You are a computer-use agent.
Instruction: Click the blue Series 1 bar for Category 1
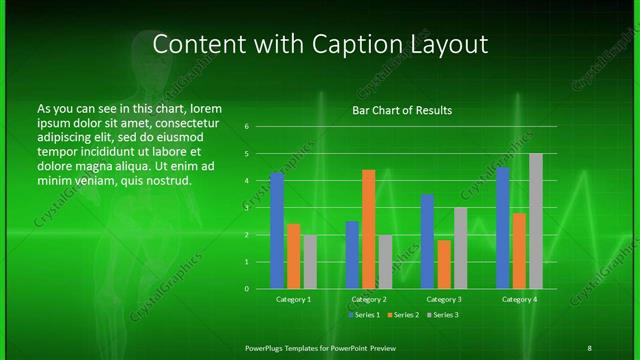(x=277, y=231)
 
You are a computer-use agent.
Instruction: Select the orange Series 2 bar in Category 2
(x=369, y=229)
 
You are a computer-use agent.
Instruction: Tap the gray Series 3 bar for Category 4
(x=536, y=221)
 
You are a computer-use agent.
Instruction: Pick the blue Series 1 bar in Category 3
(x=427, y=241)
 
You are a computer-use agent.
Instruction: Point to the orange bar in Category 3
(x=444, y=264)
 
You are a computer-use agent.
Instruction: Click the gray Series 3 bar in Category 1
(x=310, y=262)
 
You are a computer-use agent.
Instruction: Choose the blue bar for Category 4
(x=503, y=228)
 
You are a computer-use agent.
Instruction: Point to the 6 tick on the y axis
(x=246, y=127)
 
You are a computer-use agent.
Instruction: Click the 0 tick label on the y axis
(x=246, y=289)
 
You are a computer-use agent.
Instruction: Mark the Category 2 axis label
(x=369, y=299)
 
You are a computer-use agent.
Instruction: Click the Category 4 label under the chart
(x=519, y=299)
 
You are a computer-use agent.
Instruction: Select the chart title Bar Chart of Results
(x=402, y=110)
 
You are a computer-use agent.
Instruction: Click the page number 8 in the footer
(x=589, y=348)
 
